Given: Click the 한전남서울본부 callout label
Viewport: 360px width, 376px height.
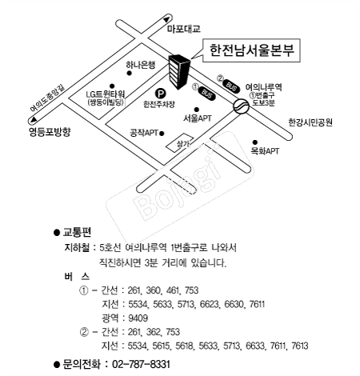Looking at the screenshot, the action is click(251, 50).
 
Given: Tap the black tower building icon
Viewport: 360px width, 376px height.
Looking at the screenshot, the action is click(179, 71).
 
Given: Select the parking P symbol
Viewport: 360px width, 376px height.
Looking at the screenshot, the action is click(161, 94).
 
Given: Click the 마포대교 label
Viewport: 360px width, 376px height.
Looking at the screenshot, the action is click(184, 29).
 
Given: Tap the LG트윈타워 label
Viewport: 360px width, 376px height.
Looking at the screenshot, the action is click(106, 94).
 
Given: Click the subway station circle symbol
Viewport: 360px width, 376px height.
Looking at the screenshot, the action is click(241, 106).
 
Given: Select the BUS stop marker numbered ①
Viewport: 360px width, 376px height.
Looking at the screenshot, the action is click(207, 93).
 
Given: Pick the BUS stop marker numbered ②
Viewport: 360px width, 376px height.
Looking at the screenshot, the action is click(231, 86).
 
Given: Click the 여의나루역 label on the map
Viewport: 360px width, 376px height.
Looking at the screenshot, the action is click(263, 87).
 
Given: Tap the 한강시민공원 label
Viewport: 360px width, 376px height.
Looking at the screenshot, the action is click(310, 122).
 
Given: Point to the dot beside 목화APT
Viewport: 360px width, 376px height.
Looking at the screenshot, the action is click(255, 142).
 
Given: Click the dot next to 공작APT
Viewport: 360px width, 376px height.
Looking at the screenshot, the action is click(162, 134).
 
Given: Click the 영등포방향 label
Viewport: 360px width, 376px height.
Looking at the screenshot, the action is click(50, 132).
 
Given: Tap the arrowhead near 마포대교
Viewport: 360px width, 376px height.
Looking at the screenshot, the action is click(166, 19).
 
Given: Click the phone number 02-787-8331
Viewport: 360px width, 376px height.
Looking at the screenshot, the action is click(141, 364).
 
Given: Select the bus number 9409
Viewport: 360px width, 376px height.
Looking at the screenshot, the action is click(138, 318).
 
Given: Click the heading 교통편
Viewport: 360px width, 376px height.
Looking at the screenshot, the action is click(77, 232).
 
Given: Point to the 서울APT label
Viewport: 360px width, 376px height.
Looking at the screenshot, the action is click(197, 118).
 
